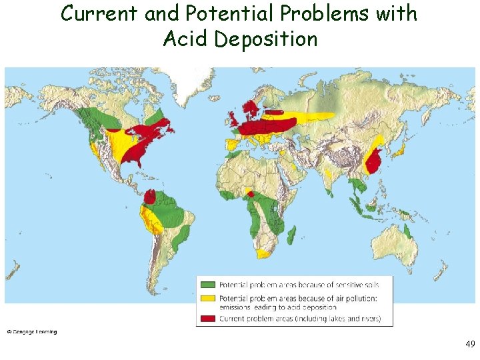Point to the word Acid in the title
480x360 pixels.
pyautogui.click(x=186, y=39)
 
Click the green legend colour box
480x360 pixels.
pyautogui.click(x=208, y=285)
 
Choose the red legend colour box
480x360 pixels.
pyautogui.click(x=208, y=319)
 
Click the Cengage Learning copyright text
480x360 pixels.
pyautogui.click(x=32, y=332)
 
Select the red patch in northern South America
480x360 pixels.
pyautogui.click(x=151, y=197)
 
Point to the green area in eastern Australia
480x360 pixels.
pyautogui.click(x=407, y=231)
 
